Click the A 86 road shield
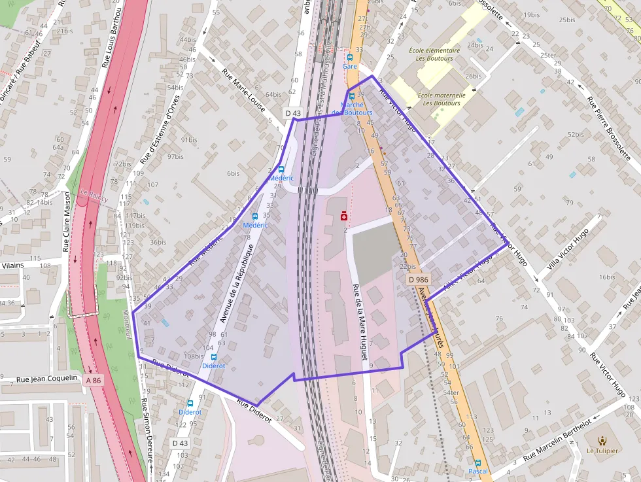pyautogui.click(x=94, y=380)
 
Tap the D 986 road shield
pyautogui.click(x=419, y=279)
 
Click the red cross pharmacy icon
pyautogui.click(x=344, y=216)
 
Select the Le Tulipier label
pyautogui.click(x=601, y=451)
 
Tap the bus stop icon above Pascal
pyautogui.click(x=477, y=462)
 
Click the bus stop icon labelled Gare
pyautogui.click(x=349, y=57)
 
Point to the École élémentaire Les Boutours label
pyautogui.click(x=434, y=54)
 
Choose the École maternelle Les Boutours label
pyautogui.click(x=442, y=99)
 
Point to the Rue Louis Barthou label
pyautogui.click(x=112, y=39)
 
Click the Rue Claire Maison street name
pyautogui.click(x=66, y=221)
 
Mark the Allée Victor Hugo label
pyautogui.click(x=467, y=272)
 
